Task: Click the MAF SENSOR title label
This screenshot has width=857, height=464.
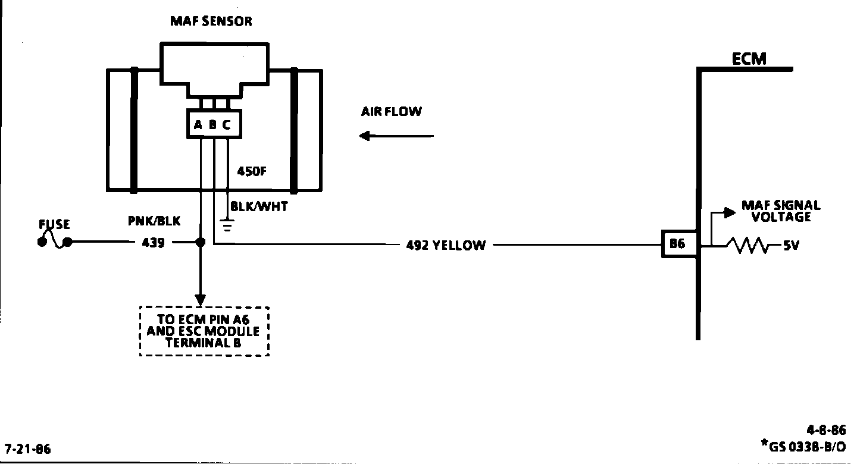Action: tap(211, 21)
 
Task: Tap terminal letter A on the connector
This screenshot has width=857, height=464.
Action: tap(198, 126)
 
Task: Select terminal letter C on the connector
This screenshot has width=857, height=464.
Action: tap(227, 126)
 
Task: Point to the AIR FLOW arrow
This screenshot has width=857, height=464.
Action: tap(396, 136)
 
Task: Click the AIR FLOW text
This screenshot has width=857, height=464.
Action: tap(391, 112)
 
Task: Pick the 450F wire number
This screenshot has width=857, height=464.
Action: tap(252, 171)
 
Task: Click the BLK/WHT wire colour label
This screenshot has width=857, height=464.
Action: tap(259, 208)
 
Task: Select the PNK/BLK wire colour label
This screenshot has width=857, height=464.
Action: tap(154, 221)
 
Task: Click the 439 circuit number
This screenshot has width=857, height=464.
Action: tap(154, 243)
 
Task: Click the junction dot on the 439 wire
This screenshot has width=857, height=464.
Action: tap(201, 243)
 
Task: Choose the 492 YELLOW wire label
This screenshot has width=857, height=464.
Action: tap(445, 245)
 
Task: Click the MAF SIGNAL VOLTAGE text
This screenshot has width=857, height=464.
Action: tap(780, 211)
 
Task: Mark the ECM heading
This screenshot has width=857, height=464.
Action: tap(749, 59)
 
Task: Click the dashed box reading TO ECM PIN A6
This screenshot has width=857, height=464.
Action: tap(204, 331)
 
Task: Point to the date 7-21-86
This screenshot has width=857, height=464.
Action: tap(28, 449)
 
